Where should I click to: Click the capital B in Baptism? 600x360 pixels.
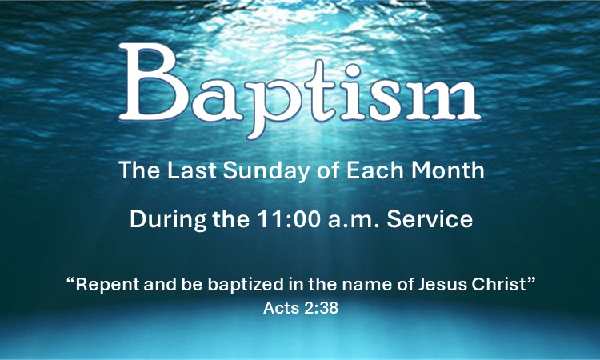click(x=154, y=82)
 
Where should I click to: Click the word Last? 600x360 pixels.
click(x=192, y=170)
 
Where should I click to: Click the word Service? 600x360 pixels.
click(x=430, y=219)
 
